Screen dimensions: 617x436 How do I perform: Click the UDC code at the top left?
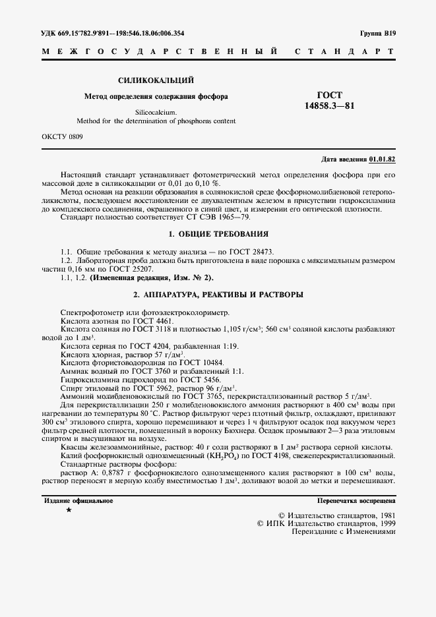[113, 33]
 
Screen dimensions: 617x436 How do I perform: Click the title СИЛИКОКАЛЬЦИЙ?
[156, 80]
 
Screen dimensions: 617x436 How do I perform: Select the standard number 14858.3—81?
[329, 106]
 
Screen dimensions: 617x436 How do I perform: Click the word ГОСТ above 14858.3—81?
[330, 96]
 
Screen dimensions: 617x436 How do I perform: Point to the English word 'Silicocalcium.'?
[156, 112]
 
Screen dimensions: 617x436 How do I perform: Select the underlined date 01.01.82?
[383, 160]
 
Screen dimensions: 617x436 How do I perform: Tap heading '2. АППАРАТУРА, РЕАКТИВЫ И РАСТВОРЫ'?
[218, 294]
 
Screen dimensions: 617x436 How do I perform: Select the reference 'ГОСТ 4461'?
[152, 320]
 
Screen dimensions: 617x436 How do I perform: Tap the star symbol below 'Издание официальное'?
[69, 510]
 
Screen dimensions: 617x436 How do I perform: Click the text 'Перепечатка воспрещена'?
[356, 501]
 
